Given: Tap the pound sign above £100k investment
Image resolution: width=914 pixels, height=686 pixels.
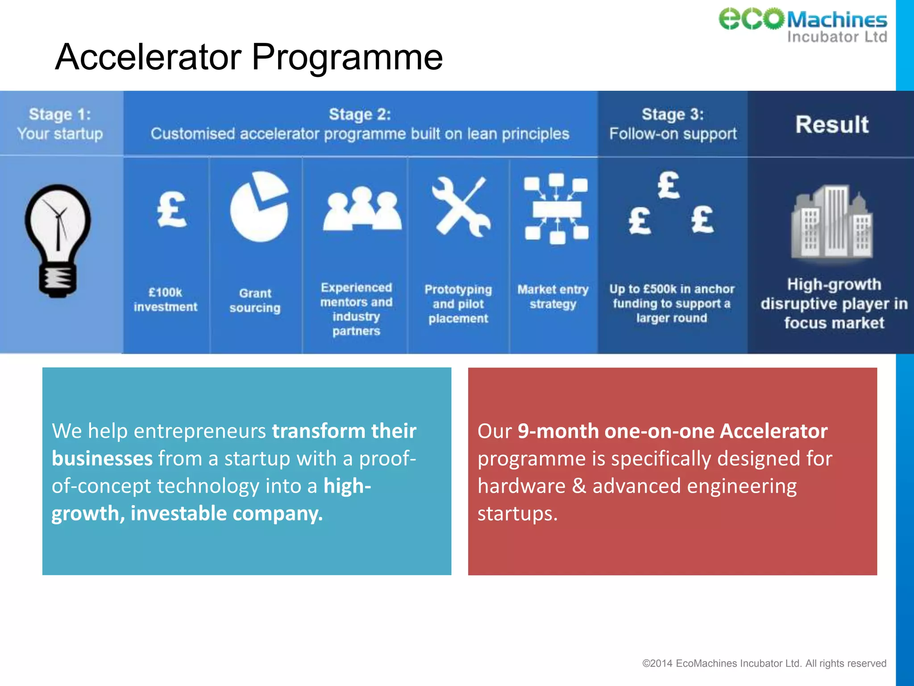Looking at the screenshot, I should (172, 210).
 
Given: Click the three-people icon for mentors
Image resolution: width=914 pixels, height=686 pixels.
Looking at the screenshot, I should (362, 209).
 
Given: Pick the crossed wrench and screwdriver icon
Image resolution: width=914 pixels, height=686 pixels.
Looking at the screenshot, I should (461, 206).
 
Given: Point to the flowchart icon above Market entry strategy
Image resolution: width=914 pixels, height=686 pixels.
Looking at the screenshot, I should (556, 209).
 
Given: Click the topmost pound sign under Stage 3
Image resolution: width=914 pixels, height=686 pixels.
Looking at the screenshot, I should (668, 185).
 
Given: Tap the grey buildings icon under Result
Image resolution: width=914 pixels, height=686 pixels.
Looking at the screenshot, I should (832, 222).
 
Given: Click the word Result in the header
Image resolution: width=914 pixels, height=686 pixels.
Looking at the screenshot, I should (832, 124).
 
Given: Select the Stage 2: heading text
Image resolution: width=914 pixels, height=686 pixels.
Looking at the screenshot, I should (360, 114).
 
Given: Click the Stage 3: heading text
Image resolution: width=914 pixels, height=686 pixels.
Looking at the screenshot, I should (673, 114).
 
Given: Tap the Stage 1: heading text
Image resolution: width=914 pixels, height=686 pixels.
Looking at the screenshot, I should (60, 114).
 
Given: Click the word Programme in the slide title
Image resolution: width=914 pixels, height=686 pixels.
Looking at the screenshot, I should (347, 57).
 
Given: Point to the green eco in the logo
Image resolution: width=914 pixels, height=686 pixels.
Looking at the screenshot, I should (751, 19).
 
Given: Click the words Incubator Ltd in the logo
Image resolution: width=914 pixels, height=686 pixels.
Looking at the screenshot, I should (837, 37).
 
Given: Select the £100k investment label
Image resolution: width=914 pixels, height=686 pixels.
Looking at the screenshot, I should (166, 300).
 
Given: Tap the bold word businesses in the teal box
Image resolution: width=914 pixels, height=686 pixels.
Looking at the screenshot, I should (102, 459).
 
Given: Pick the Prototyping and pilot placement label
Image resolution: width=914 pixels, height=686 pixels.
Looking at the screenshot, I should (458, 304).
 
